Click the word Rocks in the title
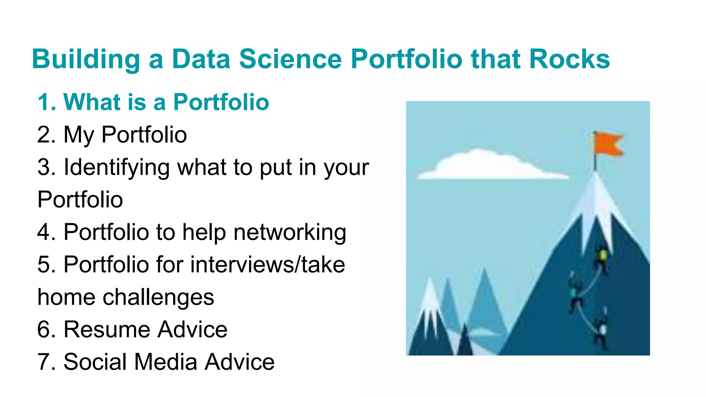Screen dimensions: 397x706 point(569,59)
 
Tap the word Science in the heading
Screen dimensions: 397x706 point(290,59)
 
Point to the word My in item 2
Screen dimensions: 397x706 point(79,135)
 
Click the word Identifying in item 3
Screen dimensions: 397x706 point(117,167)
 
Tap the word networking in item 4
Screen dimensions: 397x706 point(290,232)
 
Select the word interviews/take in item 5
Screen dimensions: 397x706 point(268,265)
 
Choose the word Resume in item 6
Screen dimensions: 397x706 point(107,329)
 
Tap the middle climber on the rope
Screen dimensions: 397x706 point(575,293)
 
